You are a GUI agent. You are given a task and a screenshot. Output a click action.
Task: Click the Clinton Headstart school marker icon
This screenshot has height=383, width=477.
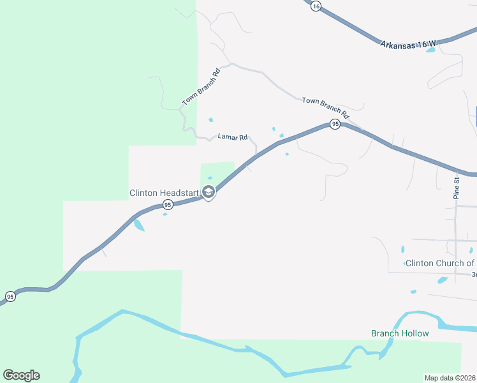point(209,191)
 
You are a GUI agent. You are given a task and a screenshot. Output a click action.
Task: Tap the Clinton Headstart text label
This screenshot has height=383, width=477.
point(165,193)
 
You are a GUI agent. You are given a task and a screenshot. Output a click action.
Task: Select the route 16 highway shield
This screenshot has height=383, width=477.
point(316,6)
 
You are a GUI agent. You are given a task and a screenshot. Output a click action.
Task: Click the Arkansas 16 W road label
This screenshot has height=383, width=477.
point(408,44)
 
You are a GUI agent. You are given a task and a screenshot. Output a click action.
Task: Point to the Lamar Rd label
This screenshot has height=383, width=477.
point(232,137)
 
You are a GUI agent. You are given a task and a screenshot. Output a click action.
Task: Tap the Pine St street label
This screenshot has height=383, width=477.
point(457,188)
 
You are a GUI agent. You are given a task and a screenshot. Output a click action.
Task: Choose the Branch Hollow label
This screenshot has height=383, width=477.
point(400,333)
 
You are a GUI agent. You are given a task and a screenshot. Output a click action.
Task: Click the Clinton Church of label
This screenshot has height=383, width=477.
point(440,263)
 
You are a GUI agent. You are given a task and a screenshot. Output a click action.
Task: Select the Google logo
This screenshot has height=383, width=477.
point(21,375)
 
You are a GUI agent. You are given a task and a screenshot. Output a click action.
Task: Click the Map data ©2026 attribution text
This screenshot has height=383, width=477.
point(450,377)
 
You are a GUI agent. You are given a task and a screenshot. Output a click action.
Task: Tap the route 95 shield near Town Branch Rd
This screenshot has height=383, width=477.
point(335,124)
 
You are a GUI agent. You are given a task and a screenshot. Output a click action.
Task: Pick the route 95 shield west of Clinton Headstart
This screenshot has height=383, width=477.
point(168,204)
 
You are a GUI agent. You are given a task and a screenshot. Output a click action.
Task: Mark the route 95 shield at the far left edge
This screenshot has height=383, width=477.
point(10,296)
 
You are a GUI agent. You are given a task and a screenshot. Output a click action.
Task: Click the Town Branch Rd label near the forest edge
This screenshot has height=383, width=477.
point(200,87)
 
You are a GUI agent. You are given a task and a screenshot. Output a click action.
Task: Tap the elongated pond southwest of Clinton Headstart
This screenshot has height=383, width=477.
point(138,225)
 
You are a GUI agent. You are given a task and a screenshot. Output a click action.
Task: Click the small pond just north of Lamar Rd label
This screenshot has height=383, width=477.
point(210,119)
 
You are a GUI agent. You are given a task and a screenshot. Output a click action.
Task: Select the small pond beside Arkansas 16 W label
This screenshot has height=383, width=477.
point(430,50)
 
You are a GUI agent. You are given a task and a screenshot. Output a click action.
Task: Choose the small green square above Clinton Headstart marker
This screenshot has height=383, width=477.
point(217,172)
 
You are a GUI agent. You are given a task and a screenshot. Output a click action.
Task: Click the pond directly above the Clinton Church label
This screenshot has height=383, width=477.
point(402,249)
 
